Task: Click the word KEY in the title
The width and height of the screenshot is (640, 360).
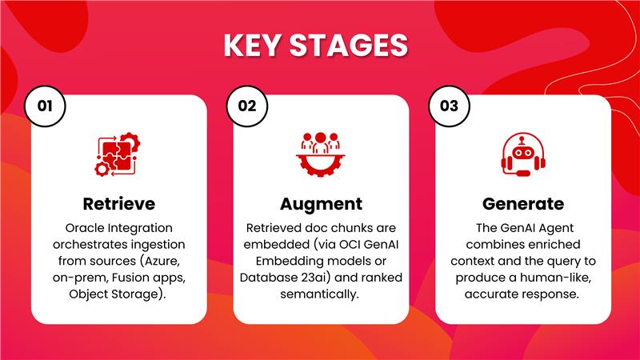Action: (254, 45)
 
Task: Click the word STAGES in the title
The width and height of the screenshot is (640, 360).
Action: (349, 45)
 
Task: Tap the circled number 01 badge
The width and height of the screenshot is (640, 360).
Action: (45, 106)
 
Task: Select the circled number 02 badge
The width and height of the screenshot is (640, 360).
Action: (247, 106)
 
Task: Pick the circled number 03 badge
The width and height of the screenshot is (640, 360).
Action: (449, 106)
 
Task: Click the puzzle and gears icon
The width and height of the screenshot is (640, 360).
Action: (118, 154)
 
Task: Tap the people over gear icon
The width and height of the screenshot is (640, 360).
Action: (321, 154)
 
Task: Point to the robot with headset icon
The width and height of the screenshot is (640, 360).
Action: (523, 154)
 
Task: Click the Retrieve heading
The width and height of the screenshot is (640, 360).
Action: (118, 204)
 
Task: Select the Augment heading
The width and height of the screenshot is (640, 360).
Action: (322, 205)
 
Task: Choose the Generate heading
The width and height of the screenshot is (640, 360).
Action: (523, 204)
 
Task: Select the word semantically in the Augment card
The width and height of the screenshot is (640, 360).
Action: (319, 294)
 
